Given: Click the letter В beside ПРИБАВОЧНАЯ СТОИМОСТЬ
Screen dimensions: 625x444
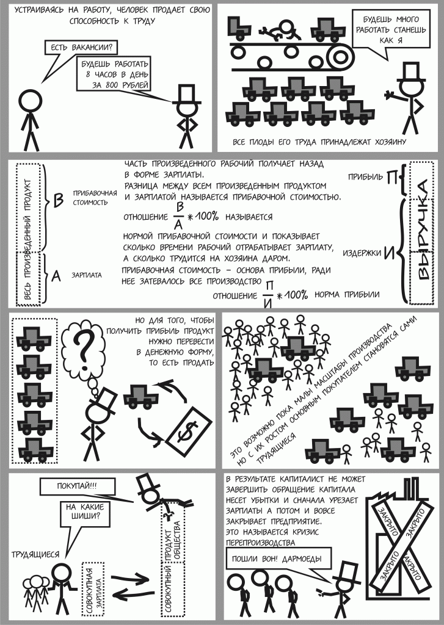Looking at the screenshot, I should (59, 200).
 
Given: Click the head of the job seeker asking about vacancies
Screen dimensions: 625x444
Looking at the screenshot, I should (29, 99).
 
